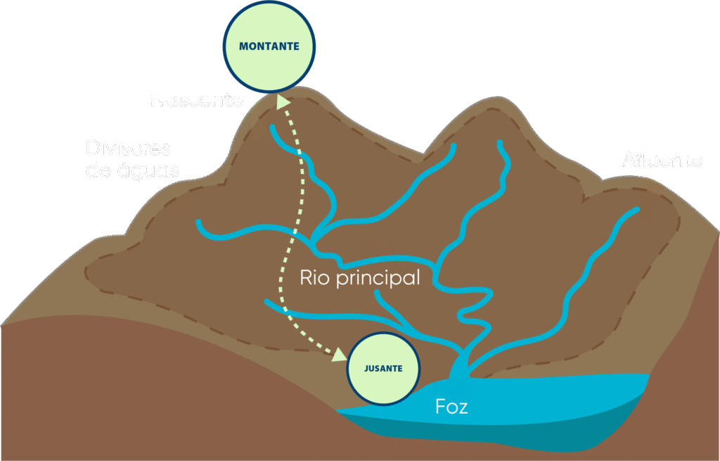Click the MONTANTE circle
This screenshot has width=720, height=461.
tap(269, 47)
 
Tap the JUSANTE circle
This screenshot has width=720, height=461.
tap(384, 368)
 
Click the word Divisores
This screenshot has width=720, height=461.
tap(129, 149)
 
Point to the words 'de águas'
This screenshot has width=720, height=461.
tap(132, 170)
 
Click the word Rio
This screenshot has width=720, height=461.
tap(314, 277)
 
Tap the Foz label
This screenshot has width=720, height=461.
tap(451, 407)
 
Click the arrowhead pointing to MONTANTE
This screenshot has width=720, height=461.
tap(283, 102)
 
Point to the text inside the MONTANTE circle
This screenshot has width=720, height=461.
tap(269, 47)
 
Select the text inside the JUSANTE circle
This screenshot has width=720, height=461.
tap(384, 368)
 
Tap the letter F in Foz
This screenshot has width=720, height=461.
tap(440, 407)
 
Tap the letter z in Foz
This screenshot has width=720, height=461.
tap(463, 408)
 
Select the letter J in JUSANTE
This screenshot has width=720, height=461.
tap(366, 368)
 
